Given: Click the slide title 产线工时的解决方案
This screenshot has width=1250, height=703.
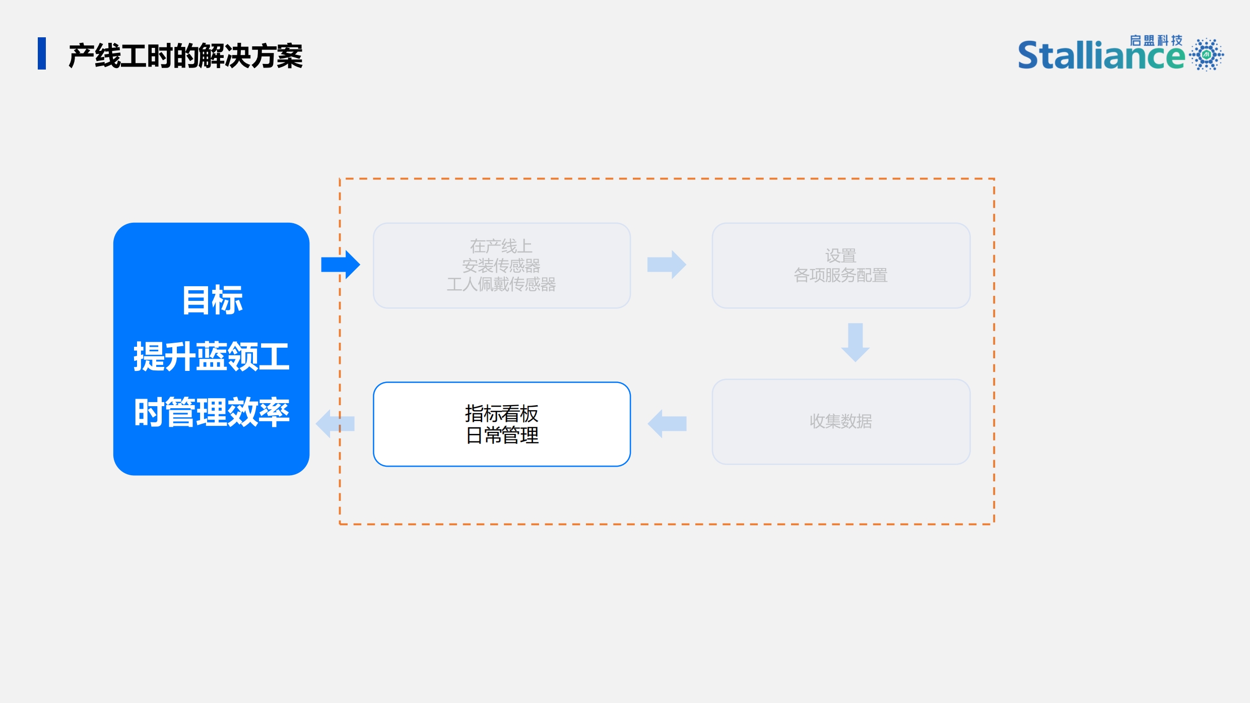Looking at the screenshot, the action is [x=185, y=55].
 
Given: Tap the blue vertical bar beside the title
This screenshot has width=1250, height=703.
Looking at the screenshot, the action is [x=42, y=53].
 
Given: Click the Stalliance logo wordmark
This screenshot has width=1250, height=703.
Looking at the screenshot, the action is [x=1101, y=55].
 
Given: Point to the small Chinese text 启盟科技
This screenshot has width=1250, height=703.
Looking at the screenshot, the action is [x=1156, y=40].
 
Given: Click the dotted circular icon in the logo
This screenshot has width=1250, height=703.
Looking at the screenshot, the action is [x=1207, y=54].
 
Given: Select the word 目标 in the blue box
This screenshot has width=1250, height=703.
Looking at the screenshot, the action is [x=212, y=300].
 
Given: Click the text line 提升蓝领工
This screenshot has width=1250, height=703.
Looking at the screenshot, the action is [x=212, y=356].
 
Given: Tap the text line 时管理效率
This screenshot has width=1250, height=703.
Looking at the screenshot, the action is [x=212, y=412].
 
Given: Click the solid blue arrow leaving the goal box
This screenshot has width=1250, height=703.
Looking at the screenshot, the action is [x=341, y=265].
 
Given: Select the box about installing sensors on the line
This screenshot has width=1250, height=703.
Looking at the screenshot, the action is [x=502, y=266].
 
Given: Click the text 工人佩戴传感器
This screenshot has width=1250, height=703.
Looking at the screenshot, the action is [x=501, y=285].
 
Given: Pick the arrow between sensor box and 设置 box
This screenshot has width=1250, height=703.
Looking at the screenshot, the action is [x=667, y=265].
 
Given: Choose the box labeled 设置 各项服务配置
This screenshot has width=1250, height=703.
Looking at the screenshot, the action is [x=841, y=266].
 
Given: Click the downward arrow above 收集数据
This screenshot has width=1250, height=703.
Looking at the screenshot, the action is [x=855, y=343].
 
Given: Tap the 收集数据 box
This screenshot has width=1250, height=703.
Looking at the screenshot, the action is [x=841, y=422].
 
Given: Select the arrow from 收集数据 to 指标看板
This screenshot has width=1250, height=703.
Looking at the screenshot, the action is [x=667, y=424].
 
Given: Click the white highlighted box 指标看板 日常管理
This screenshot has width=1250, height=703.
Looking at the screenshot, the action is [x=502, y=424].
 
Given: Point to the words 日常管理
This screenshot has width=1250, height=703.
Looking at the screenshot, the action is [x=502, y=435].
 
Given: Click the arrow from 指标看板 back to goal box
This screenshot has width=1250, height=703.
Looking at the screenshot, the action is [x=335, y=424].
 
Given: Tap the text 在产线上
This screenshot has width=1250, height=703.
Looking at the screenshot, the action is [x=501, y=246].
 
